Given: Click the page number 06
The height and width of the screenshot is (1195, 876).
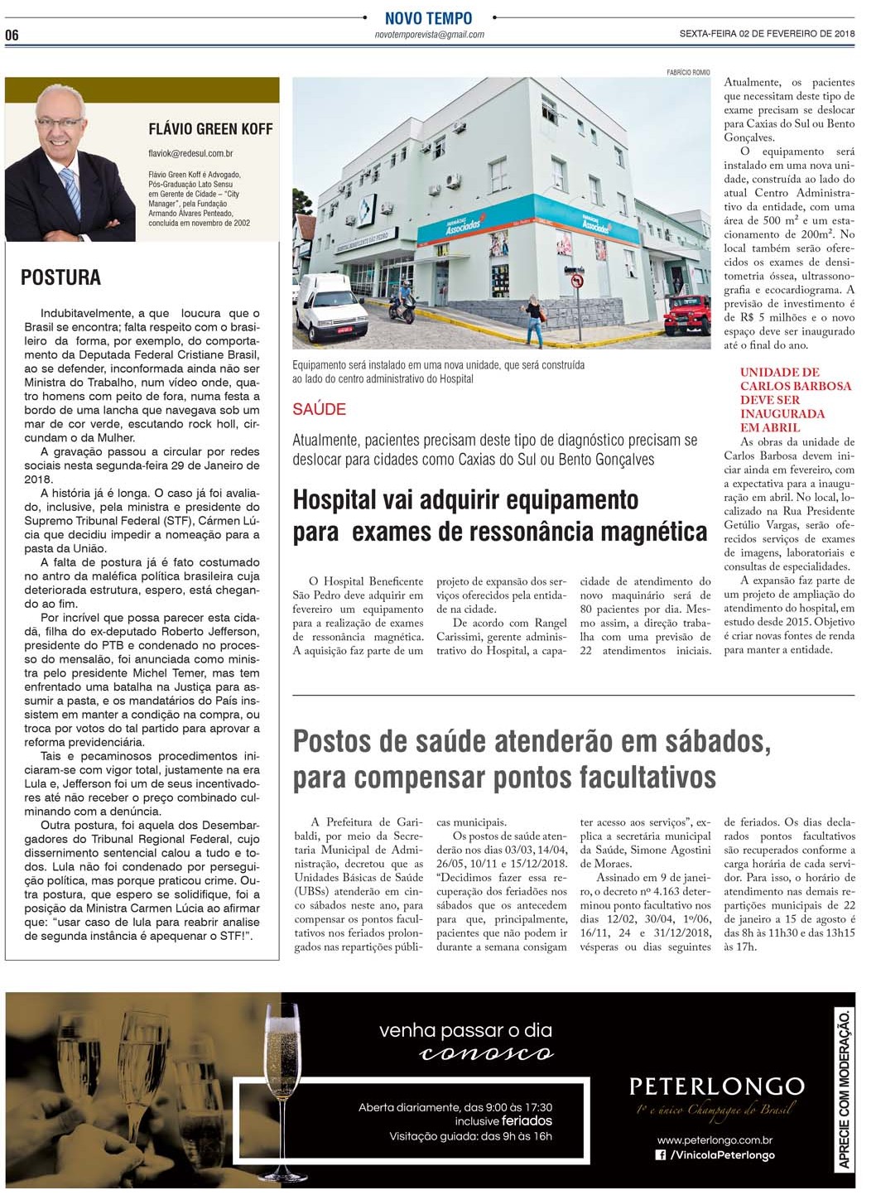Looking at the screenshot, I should click(12, 35).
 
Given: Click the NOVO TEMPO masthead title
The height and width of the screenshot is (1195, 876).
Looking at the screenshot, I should click(428, 18).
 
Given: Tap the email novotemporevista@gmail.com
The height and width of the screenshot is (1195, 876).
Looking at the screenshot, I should click(429, 35).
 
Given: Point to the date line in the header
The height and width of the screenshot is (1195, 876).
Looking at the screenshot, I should click(766, 34).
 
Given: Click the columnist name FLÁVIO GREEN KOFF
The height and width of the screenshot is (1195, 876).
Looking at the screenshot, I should click(210, 129).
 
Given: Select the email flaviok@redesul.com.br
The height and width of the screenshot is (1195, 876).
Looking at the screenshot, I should click(190, 153).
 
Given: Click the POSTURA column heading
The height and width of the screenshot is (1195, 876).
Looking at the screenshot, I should click(60, 277).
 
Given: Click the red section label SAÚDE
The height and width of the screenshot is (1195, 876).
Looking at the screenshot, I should click(319, 409).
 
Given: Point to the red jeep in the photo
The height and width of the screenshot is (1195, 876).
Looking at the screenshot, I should click(687, 315).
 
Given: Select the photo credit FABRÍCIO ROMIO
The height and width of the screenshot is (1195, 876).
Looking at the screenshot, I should click(688, 73).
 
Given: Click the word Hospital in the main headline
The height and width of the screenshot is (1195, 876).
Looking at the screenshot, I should click(334, 500).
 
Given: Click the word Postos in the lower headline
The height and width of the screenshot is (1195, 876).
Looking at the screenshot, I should click(334, 740).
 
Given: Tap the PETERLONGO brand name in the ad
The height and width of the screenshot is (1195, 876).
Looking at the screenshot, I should click(716, 1086).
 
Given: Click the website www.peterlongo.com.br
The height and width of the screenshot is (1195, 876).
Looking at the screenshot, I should click(715, 1140).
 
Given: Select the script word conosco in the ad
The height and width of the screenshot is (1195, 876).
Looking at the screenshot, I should click(486, 1053).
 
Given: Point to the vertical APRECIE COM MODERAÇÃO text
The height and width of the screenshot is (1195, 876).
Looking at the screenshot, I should click(843, 1089).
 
